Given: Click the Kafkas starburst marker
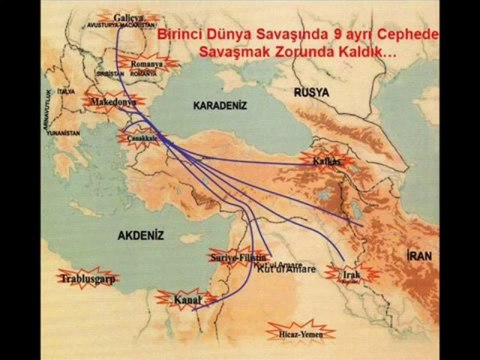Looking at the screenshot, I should point(325,160).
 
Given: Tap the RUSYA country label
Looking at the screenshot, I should point(314,91).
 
